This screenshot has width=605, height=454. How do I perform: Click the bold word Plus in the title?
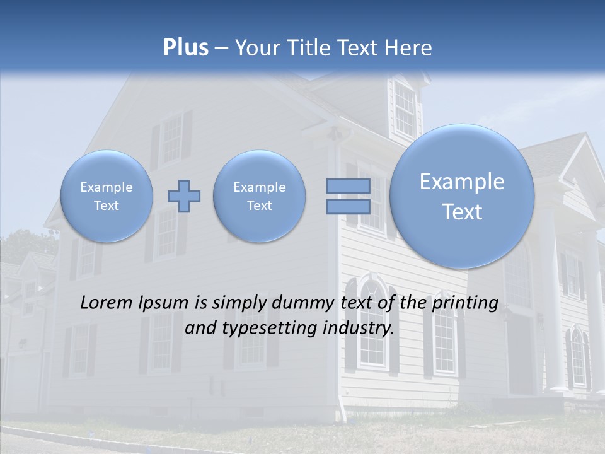[x=185, y=48]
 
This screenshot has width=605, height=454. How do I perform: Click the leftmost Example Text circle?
[x=107, y=196]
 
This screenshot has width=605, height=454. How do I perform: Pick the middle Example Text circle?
[x=259, y=196]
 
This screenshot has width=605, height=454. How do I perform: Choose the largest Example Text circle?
[x=462, y=196]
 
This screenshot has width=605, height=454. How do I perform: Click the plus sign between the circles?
[x=184, y=196]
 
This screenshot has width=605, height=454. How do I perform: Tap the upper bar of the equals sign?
[x=348, y=186]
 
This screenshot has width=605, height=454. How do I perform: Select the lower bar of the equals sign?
[x=348, y=207]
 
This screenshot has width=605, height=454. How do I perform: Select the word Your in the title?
[x=255, y=48]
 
